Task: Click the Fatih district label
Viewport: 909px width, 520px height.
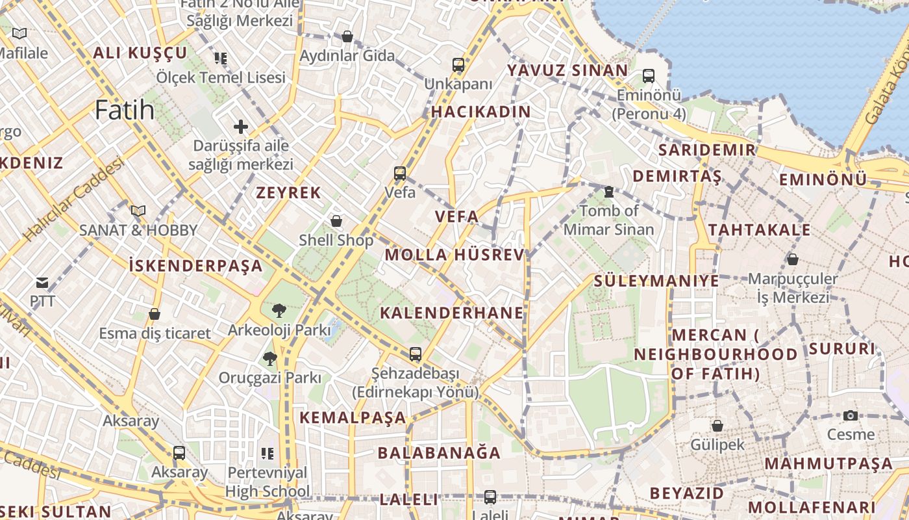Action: click(125, 110)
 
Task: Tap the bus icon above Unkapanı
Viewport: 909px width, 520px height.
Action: click(458, 65)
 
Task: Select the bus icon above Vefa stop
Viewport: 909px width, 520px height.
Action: click(400, 174)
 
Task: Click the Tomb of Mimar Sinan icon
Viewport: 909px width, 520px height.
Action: click(608, 192)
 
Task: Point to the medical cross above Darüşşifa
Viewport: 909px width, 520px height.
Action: click(241, 127)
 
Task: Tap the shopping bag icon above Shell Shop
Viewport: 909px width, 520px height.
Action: click(336, 221)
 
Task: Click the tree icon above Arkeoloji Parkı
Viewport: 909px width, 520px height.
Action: click(279, 311)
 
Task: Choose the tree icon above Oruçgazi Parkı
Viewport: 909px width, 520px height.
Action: click(270, 358)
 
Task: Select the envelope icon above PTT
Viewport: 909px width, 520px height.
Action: click(42, 283)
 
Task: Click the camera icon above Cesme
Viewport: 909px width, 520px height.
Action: click(851, 415)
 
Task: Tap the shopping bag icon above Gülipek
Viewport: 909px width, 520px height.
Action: click(717, 426)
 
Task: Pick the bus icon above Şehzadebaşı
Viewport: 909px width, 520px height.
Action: click(416, 354)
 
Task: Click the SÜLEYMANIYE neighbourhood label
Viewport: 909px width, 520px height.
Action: click(656, 281)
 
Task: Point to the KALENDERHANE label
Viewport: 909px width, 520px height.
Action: click(452, 313)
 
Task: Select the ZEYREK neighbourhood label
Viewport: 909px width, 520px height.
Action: click(288, 192)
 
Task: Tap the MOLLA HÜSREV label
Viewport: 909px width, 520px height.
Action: click(454, 255)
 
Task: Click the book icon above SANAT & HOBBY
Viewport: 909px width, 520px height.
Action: click(138, 211)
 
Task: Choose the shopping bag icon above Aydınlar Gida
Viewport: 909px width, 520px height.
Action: click(347, 36)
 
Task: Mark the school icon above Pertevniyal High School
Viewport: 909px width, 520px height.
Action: click(268, 453)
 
